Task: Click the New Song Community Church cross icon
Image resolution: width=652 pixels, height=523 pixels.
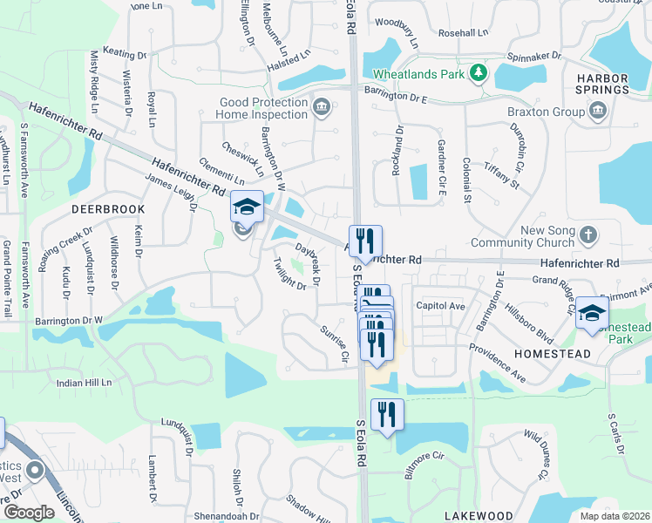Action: (x=589, y=234)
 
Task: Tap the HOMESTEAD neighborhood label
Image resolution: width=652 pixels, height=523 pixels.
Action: (x=553, y=354)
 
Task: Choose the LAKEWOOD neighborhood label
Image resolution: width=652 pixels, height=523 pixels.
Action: (x=479, y=516)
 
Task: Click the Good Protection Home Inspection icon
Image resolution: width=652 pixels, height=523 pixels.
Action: (x=321, y=108)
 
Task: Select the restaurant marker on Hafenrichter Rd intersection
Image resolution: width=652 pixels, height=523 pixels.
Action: (x=365, y=241)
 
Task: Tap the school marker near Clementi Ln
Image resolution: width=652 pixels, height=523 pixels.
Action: (x=248, y=207)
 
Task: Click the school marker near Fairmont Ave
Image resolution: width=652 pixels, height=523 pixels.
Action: (x=592, y=313)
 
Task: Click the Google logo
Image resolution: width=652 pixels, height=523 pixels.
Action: (x=29, y=512)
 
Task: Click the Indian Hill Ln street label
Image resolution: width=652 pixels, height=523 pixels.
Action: (x=85, y=383)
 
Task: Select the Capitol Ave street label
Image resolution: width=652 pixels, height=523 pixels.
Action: (x=440, y=306)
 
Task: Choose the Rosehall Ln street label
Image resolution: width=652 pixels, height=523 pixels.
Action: (x=464, y=32)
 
